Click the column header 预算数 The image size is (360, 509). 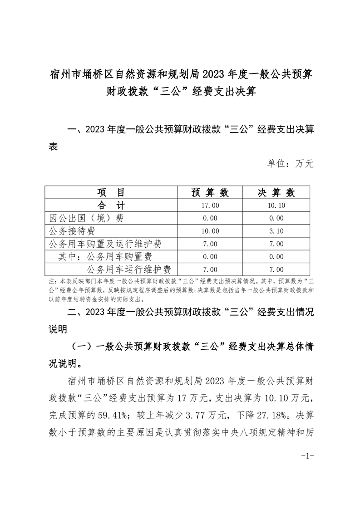[210, 192]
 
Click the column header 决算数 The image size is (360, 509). [276, 192]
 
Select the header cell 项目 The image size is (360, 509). [111, 192]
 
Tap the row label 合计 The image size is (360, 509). [111, 205]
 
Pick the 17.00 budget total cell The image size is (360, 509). [210, 206]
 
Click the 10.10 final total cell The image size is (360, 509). [276, 206]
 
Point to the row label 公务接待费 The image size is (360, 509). [79, 231]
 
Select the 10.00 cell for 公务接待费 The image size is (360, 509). [210, 231]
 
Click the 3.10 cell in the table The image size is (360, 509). [276, 231]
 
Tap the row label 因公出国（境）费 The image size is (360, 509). [86, 218]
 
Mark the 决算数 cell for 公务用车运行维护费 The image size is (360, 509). [276, 270]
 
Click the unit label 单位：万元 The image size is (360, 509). [291, 163]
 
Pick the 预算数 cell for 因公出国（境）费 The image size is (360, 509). [210, 218]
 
